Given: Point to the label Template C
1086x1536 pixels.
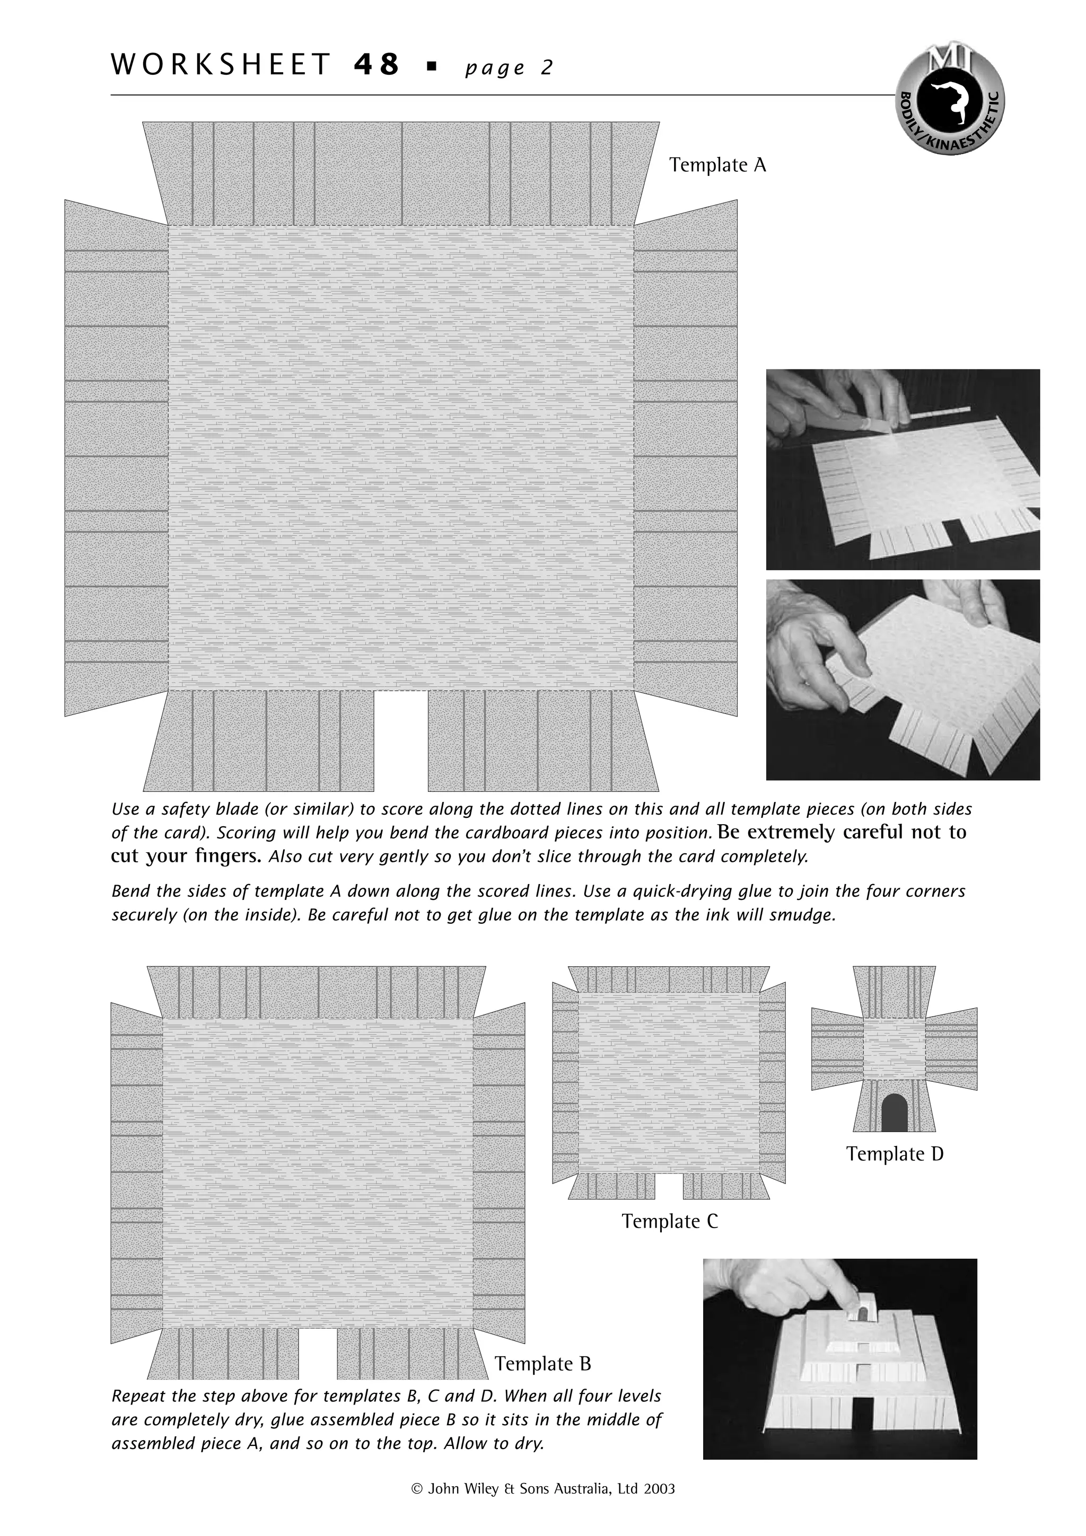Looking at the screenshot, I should (x=669, y=1221).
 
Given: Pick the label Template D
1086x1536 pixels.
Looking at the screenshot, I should (x=895, y=1153).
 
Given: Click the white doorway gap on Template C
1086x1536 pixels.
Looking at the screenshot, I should (x=669, y=1187).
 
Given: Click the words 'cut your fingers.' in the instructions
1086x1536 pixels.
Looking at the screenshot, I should (x=186, y=857).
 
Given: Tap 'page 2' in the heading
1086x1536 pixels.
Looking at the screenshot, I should (x=509, y=67).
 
